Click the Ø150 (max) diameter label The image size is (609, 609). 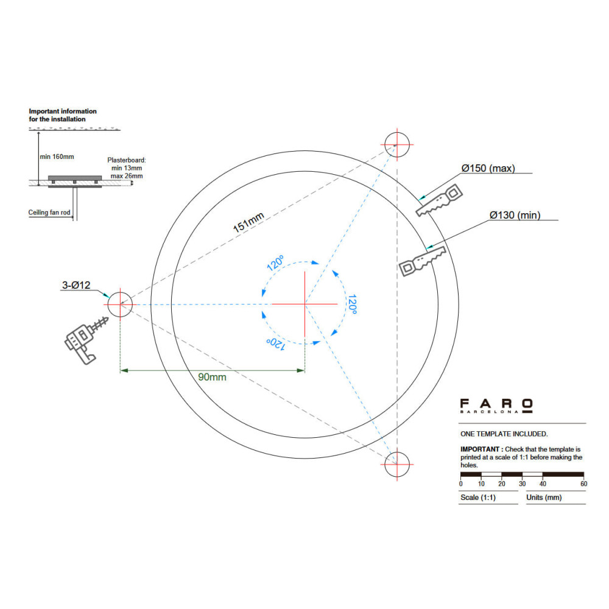click(488, 168)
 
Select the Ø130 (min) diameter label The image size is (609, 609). click(515, 215)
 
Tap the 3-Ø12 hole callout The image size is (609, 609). click(76, 285)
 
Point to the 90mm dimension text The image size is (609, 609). click(212, 377)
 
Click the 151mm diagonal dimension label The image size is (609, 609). click(248, 222)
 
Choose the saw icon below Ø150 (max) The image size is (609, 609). click(439, 200)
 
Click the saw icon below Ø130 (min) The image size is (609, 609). click(423, 261)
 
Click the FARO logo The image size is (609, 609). click(496, 406)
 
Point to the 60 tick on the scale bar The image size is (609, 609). click(584, 484)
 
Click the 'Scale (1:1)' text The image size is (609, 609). click(478, 498)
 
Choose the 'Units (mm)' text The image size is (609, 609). click(544, 498)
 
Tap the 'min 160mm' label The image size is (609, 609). click(57, 157)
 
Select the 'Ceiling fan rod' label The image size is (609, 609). click(49, 213)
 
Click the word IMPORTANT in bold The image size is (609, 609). click(480, 449)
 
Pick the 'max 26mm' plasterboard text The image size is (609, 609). click(127, 176)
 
